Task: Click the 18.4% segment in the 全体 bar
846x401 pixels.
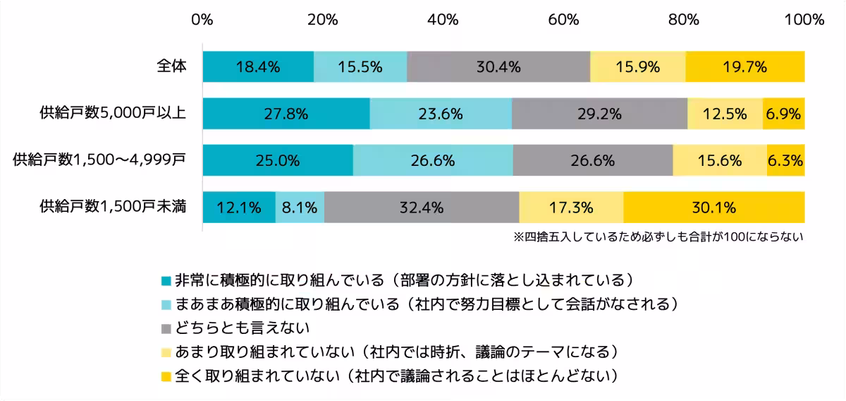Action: point(258,67)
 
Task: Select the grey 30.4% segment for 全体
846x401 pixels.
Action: point(498,67)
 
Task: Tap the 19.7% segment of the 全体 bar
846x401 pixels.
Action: point(744,67)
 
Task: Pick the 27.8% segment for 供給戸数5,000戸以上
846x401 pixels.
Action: point(286,114)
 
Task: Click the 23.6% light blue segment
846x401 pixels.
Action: point(441,114)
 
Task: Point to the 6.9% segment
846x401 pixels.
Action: point(783,114)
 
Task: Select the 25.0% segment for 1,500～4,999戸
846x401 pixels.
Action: point(278,161)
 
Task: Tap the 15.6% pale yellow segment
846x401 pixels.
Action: point(720,161)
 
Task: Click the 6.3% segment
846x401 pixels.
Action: point(785,161)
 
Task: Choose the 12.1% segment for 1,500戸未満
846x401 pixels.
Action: point(239,208)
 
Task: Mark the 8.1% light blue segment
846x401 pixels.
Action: point(300,208)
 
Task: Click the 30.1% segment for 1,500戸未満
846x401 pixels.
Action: point(713,208)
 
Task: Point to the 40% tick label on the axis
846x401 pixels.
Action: point(443,20)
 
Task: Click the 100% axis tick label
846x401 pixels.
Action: point(803,20)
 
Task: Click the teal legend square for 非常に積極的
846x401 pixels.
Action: point(166,280)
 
